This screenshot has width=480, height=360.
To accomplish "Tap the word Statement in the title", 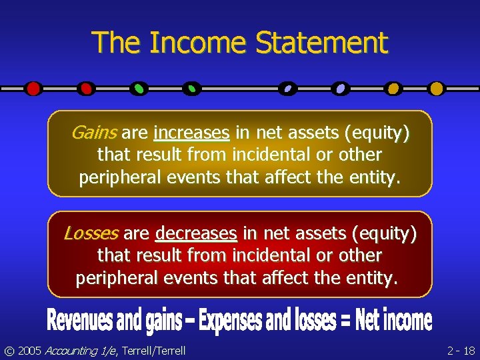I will point(321,43).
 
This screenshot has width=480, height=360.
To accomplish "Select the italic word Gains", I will point(94,133).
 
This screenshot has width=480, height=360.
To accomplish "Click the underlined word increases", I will point(191,133).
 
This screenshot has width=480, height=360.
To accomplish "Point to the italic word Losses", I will point(91,233).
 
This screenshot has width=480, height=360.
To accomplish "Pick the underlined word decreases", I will point(196,233).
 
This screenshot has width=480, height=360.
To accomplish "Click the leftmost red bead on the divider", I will point(33,88).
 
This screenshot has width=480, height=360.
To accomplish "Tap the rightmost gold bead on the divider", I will point(437,88).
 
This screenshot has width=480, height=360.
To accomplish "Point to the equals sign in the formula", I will point(345,321).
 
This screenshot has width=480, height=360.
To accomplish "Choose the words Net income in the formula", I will point(393,321).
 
